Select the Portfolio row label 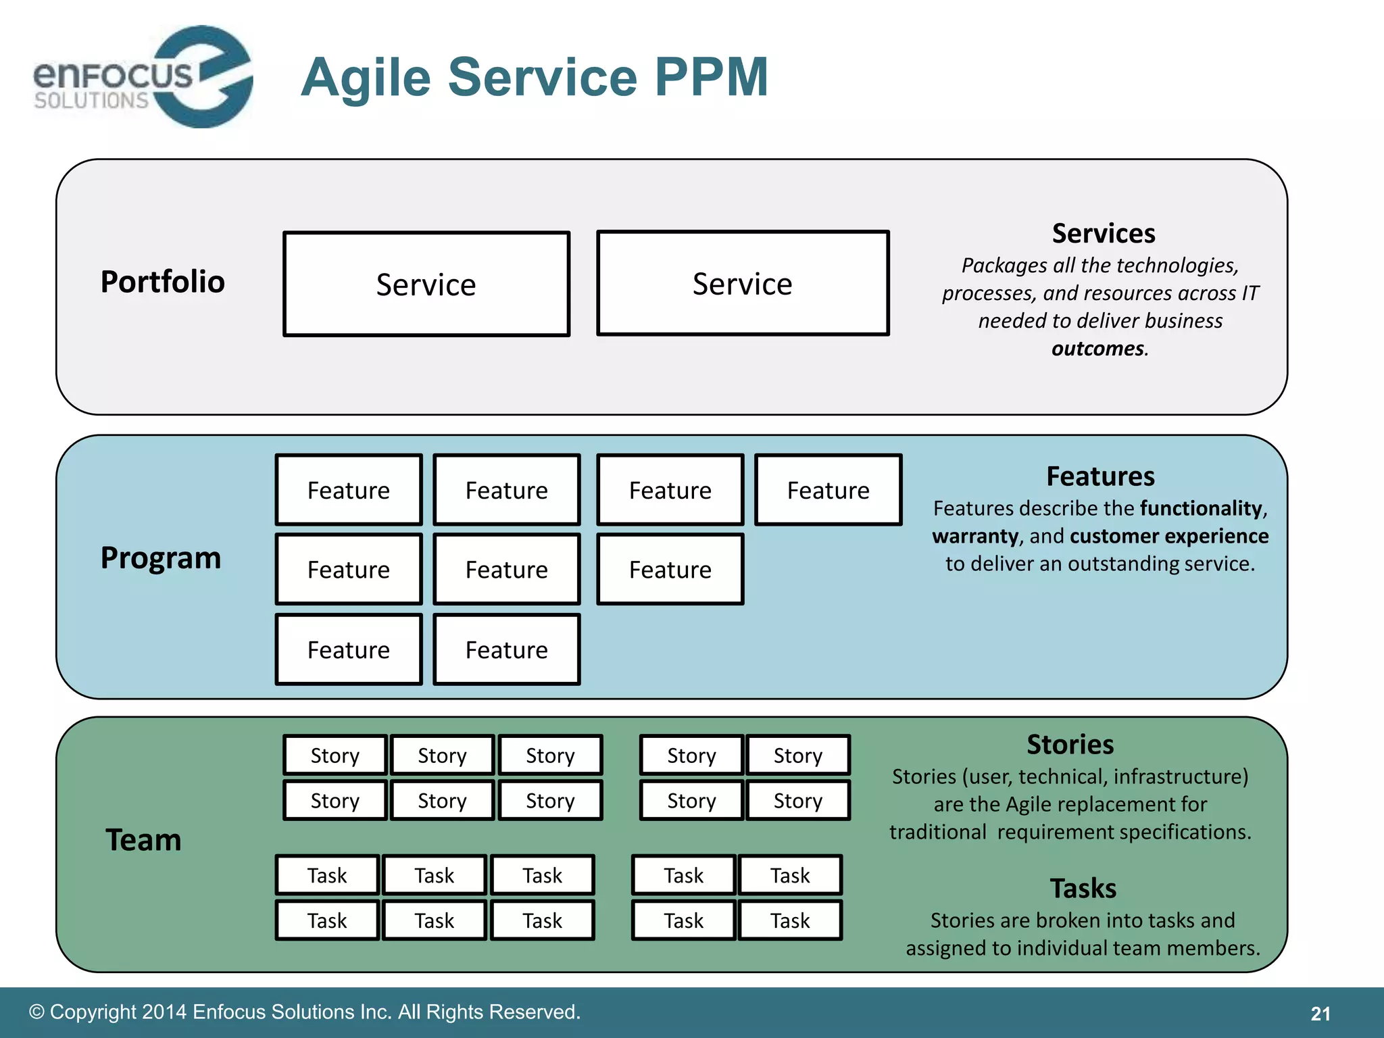(162, 282)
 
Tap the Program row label (161, 558)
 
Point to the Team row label (144, 840)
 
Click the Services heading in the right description (1103, 234)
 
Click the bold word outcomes (1097, 349)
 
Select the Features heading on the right (1100, 476)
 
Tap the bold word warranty (974, 536)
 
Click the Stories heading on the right (1070, 745)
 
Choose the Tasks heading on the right (1083, 888)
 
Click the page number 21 (1320, 1014)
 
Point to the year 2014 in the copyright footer (164, 1012)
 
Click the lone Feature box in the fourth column (828, 490)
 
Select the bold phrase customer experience (1169, 536)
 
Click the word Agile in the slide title (366, 77)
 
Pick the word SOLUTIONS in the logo (91, 101)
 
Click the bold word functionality (1201, 508)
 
